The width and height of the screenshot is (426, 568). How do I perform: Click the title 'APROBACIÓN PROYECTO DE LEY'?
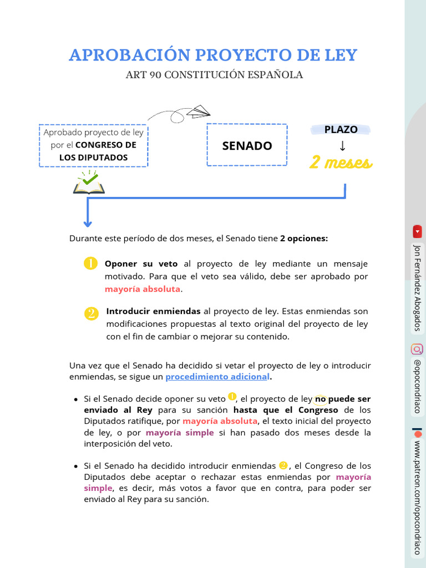click(213, 55)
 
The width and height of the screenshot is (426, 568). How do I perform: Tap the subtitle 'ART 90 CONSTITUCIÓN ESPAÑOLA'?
click(214, 75)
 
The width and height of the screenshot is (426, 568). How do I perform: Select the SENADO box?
click(247, 145)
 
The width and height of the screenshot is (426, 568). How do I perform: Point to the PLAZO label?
click(341, 129)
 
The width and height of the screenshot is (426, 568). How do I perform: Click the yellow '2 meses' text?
click(341, 163)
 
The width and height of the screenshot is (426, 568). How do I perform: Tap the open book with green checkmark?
click(89, 184)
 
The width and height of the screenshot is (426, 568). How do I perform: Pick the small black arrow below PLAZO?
click(342, 146)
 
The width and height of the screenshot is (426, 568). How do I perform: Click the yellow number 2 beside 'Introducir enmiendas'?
click(91, 313)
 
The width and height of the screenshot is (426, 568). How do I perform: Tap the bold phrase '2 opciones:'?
click(304, 239)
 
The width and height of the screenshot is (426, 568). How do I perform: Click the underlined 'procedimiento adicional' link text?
click(217, 377)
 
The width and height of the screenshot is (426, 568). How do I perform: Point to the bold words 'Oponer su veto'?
click(141, 263)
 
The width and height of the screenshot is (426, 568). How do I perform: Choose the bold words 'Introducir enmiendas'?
click(154, 311)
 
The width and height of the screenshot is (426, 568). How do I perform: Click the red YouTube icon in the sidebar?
click(417, 231)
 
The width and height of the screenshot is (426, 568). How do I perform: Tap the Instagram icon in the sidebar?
click(417, 349)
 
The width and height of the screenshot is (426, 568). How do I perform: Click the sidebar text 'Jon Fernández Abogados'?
click(417, 287)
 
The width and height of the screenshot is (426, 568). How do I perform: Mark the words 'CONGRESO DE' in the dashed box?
click(105, 145)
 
